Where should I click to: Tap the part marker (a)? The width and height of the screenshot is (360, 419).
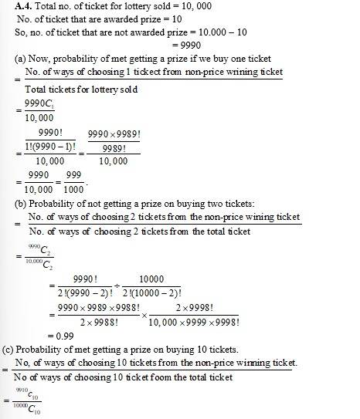(x=22, y=59)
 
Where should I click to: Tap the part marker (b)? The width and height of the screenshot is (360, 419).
(x=22, y=204)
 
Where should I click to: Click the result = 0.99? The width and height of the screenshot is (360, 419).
(x=62, y=336)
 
